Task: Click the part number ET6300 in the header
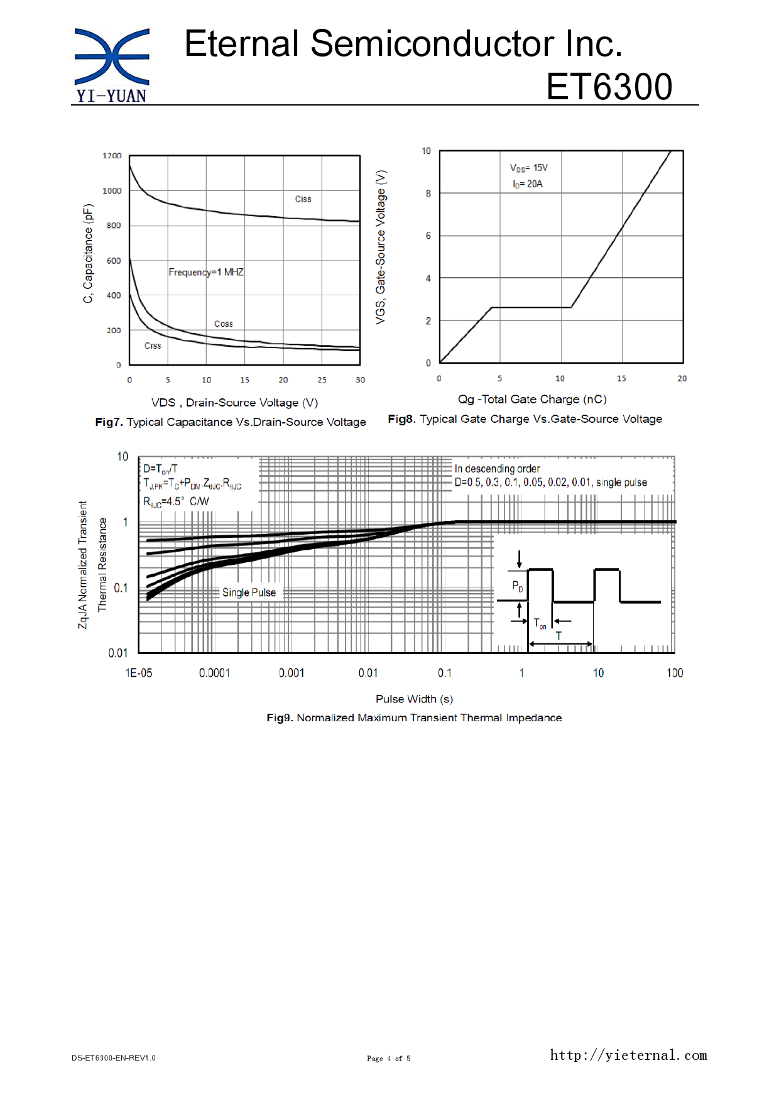click(x=609, y=87)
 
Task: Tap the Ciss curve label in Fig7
click(x=303, y=199)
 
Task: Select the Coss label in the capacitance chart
click(x=223, y=324)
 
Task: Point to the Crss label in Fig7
click(x=153, y=346)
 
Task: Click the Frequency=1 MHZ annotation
click(x=206, y=272)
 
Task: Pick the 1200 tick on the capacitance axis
click(x=112, y=156)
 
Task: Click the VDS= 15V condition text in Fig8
click(x=528, y=168)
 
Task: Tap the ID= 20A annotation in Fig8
click(x=527, y=184)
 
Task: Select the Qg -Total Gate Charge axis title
click(x=532, y=400)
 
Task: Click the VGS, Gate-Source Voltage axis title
click(x=381, y=247)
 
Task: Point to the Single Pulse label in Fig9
click(x=249, y=592)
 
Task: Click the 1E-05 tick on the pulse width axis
click(x=139, y=673)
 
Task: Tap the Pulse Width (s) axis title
click(x=414, y=699)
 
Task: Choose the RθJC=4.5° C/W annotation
click(x=176, y=501)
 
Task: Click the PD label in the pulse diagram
click(x=518, y=586)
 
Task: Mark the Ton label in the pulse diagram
click(x=540, y=623)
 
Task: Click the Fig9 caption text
click(x=414, y=718)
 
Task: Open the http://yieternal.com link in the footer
click(x=628, y=1056)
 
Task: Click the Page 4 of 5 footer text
click(x=389, y=1059)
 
